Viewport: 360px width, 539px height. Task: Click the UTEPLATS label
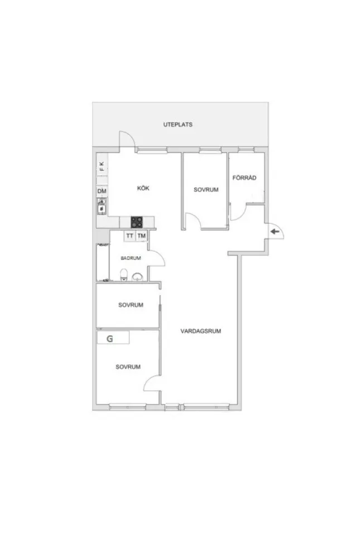(x=178, y=124)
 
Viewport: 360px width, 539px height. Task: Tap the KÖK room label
(x=143, y=189)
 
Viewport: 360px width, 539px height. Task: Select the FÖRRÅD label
(x=244, y=178)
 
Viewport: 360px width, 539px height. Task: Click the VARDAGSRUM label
(x=201, y=331)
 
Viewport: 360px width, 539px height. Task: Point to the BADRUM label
(x=131, y=258)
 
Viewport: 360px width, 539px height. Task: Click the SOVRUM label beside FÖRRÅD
(x=206, y=190)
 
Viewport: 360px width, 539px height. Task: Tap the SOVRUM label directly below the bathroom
(x=131, y=305)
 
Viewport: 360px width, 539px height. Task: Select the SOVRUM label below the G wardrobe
(x=128, y=367)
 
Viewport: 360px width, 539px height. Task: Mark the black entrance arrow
(x=274, y=231)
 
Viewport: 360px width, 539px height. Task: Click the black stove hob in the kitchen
(x=137, y=222)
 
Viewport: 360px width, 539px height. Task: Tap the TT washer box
(x=129, y=236)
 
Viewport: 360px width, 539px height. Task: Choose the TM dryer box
(x=142, y=236)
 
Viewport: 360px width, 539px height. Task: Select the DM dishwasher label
(x=102, y=192)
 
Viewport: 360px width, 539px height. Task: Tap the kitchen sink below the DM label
(x=102, y=208)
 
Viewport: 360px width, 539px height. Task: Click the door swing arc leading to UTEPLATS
(x=126, y=138)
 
